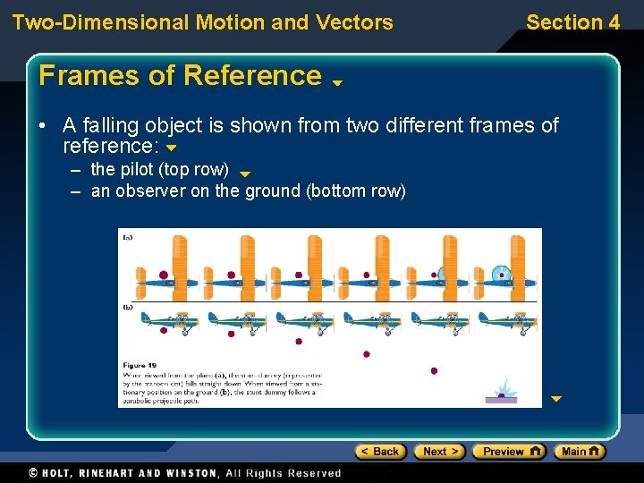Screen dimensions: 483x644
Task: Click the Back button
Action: (x=380, y=452)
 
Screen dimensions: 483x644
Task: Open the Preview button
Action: (x=508, y=452)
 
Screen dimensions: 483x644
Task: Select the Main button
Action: (x=579, y=452)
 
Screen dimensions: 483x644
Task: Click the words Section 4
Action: (x=572, y=22)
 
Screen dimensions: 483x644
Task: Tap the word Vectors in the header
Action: (x=358, y=22)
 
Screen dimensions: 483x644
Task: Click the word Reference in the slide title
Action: (x=253, y=76)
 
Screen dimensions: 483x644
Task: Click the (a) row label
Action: (x=128, y=237)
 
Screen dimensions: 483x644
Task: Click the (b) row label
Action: (x=128, y=307)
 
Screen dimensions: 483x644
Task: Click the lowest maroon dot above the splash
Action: (x=434, y=370)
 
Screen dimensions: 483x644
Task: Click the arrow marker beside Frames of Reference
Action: (x=338, y=82)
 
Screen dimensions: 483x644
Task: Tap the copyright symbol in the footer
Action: (x=33, y=472)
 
